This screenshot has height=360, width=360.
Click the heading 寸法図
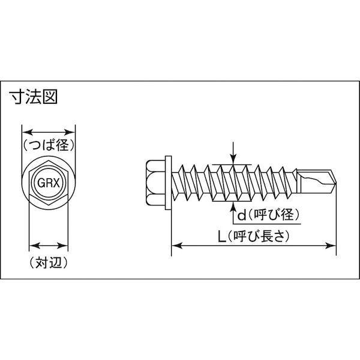[x=34, y=97]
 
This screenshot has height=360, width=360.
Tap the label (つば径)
[x=49, y=145]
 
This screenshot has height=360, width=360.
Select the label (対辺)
[x=48, y=262]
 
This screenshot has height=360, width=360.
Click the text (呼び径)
[x=274, y=214]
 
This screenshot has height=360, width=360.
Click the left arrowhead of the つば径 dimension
[x=25, y=132]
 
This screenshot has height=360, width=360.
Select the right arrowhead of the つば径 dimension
[x=72, y=132]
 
